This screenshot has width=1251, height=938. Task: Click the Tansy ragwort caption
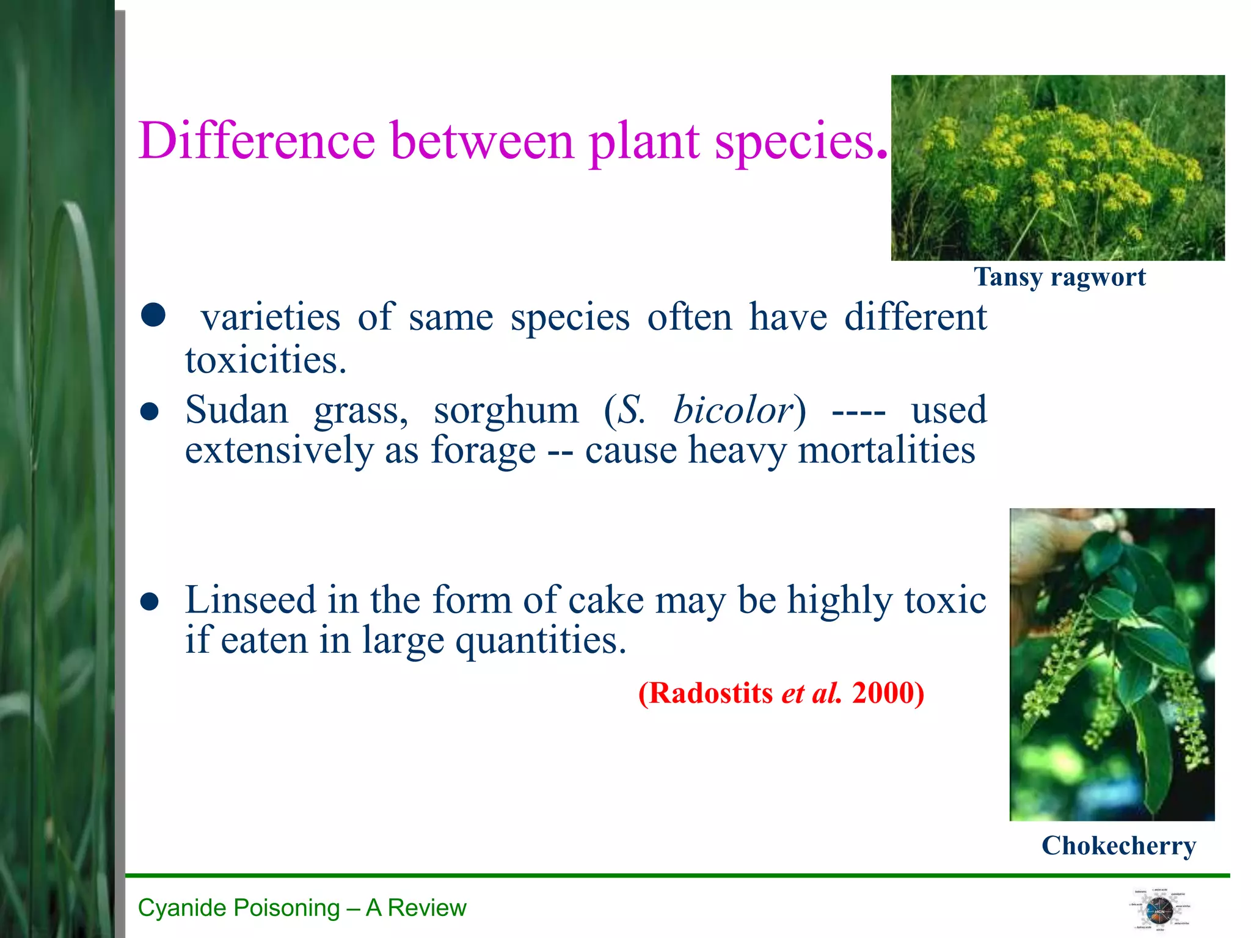coord(1059,277)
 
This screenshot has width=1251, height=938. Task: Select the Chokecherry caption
coord(1118,846)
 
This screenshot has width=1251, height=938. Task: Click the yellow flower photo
coord(1057,168)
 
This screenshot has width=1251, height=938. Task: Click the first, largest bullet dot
coord(153,315)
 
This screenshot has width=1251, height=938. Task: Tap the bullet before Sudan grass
coord(150,412)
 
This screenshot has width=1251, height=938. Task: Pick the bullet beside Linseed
coord(150,602)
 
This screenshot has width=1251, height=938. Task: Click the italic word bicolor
coord(733,410)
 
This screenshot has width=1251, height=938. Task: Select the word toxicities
coord(266,360)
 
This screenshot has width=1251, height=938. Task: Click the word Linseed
coord(250,600)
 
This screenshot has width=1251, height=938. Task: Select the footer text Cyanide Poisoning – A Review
coord(302,908)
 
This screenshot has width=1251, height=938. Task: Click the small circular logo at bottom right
coord(1159,910)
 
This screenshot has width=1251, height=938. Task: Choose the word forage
coord(483,451)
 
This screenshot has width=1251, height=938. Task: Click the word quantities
coord(541,641)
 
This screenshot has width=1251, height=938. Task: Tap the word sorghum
coord(506,410)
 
